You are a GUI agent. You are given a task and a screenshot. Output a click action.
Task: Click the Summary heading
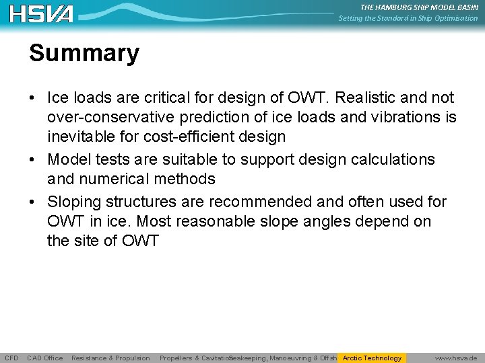pyautogui.click(x=84, y=53)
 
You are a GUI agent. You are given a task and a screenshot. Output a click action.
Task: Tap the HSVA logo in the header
pyautogui.click(x=42, y=13)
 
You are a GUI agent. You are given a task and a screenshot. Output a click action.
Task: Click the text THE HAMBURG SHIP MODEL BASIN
pyautogui.click(x=419, y=7)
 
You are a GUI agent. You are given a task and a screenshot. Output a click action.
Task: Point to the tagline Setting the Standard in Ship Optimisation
pyautogui.click(x=408, y=18)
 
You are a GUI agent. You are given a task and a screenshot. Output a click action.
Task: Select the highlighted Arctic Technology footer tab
pyautogui.click(x=372, y=358)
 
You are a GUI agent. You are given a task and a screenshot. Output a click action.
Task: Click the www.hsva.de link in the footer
pyautogui.click(x=456, y=358)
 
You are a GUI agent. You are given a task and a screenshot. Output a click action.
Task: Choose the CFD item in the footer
pyautogui.click(x=11, y=358)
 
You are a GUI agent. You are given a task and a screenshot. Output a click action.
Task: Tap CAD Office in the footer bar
pyautogui.click(x=45, y=358)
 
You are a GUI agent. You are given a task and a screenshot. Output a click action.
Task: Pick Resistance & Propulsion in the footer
pyautogui.click(x=110, y=358)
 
